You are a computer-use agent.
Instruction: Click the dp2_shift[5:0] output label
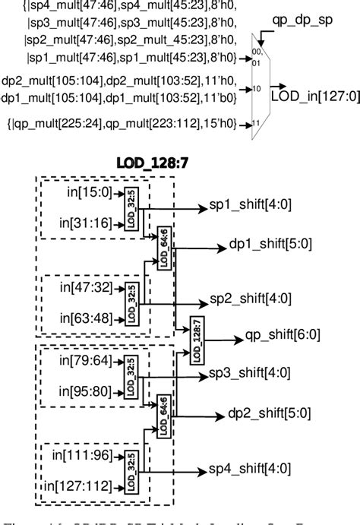pos(270,413)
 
